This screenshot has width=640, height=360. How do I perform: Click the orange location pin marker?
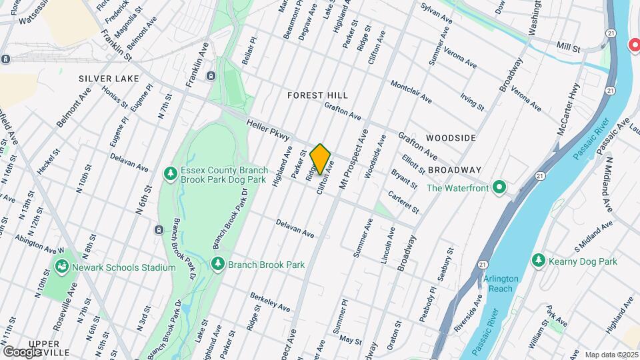[321, 159]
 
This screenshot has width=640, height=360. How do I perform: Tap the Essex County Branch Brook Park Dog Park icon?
[171, 173]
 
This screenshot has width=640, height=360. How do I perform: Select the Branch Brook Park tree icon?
[217, 265]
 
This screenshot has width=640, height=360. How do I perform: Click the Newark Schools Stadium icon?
[62, 267]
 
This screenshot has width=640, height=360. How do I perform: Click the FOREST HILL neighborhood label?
[315, 95]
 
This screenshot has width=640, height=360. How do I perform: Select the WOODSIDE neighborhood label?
[451, 137]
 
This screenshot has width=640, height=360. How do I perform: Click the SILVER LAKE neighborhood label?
[109, 79]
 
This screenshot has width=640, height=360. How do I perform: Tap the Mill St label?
[569, 49]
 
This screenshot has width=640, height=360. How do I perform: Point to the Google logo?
[22, 351]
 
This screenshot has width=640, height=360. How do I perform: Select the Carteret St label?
[404, 201]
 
